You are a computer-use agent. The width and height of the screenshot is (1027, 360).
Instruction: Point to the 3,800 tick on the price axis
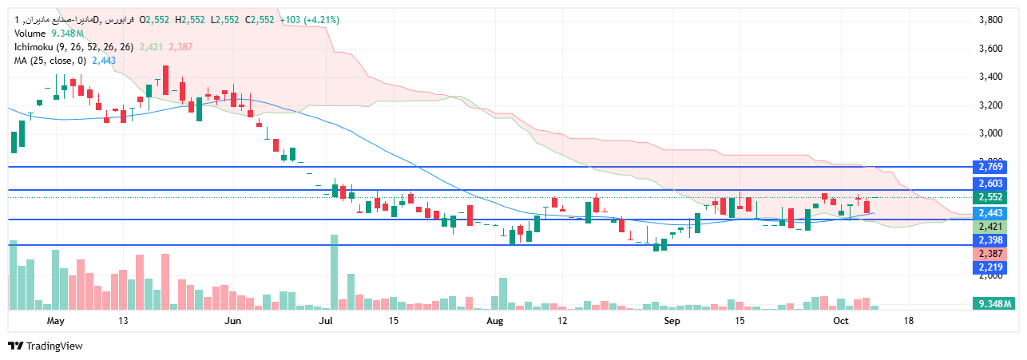[991, 20]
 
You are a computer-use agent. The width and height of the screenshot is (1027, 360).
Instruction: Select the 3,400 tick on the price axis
[991, 77]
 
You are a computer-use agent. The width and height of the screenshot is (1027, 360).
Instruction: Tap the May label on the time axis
[55, 321]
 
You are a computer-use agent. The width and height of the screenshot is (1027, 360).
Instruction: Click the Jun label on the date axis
[232, 321]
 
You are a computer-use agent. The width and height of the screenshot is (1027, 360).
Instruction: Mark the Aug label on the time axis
[495, 321]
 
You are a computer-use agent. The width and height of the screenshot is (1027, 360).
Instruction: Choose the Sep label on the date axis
[672, 321]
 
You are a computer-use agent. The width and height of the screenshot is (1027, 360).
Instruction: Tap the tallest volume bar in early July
[334, 271]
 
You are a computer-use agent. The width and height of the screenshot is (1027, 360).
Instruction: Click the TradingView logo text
[54, 346]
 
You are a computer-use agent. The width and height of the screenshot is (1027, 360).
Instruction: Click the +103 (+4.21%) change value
[311, 20]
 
